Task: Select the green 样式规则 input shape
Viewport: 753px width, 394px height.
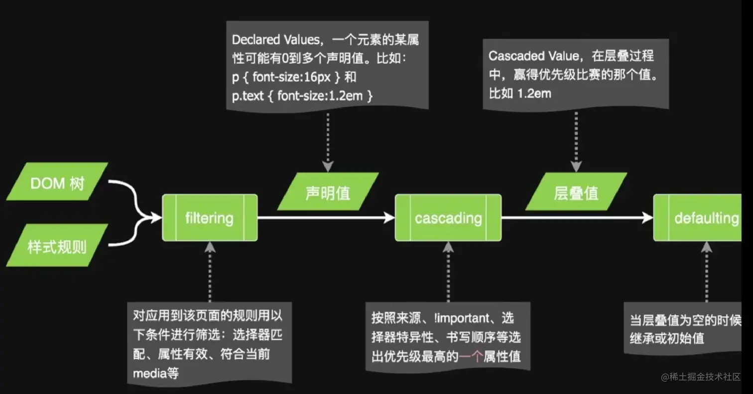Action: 57,245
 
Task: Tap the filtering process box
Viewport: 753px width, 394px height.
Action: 209,218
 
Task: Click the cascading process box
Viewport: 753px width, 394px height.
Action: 448,218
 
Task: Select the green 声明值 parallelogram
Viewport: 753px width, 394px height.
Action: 328,192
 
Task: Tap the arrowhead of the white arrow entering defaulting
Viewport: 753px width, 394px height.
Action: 648,218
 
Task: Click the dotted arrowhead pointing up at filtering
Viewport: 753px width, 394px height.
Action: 210,247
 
